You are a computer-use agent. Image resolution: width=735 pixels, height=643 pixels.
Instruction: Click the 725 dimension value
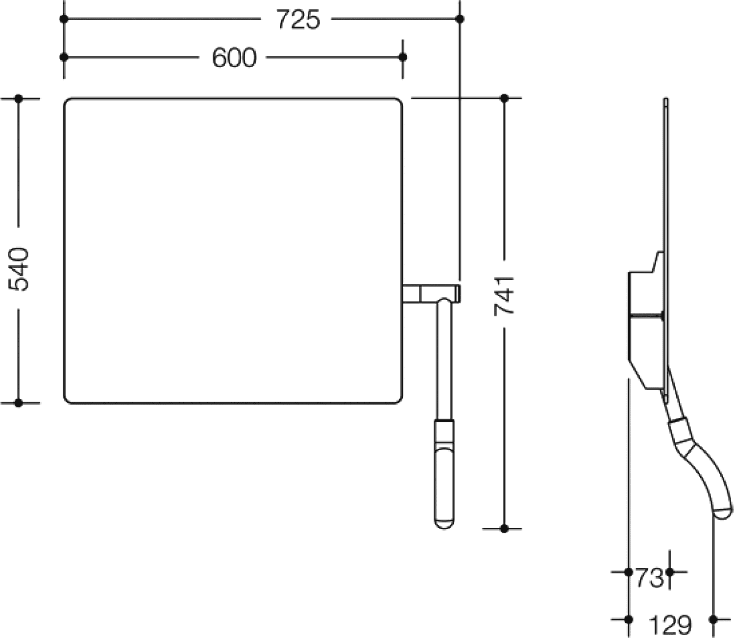[x=298, y=20]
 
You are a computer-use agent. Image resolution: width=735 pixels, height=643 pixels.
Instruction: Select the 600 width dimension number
[x=234, y=57]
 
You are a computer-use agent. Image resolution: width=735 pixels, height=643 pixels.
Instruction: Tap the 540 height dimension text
[x=18, y=269]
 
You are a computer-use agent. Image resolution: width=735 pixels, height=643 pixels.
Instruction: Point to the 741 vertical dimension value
[x=504, y=296]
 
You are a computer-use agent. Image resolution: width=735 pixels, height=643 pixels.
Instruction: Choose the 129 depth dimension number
[x=670, y=625]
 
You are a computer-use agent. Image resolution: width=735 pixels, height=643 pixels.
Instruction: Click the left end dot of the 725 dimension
[x=64, y=19]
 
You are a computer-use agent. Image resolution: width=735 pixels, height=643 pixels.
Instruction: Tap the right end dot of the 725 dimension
[x=460, y=19]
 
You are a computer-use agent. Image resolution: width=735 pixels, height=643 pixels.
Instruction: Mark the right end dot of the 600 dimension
[x=403, y=57]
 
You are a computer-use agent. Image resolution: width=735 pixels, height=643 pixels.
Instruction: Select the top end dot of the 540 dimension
[x=19, y=98]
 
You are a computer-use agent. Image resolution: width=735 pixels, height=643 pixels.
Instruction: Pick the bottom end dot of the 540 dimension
[x=19, y=403]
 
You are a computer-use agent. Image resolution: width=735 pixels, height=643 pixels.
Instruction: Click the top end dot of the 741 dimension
[x=504, y=98]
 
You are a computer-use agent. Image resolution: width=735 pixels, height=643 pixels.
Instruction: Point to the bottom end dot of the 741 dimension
[x=504, y=529]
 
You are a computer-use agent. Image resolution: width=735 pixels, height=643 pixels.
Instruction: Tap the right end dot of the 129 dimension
[x=713, y=619]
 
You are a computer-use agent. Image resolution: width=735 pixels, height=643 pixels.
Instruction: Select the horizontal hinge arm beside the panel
[x=431, y=294]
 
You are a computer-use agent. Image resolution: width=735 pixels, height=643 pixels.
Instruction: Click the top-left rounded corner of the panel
[x=67, y=101]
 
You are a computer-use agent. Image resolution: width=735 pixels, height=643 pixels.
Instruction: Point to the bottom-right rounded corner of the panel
[x=399, y=400]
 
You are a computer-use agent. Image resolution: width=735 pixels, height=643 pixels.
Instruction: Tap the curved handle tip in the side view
[x=723, y=513]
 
